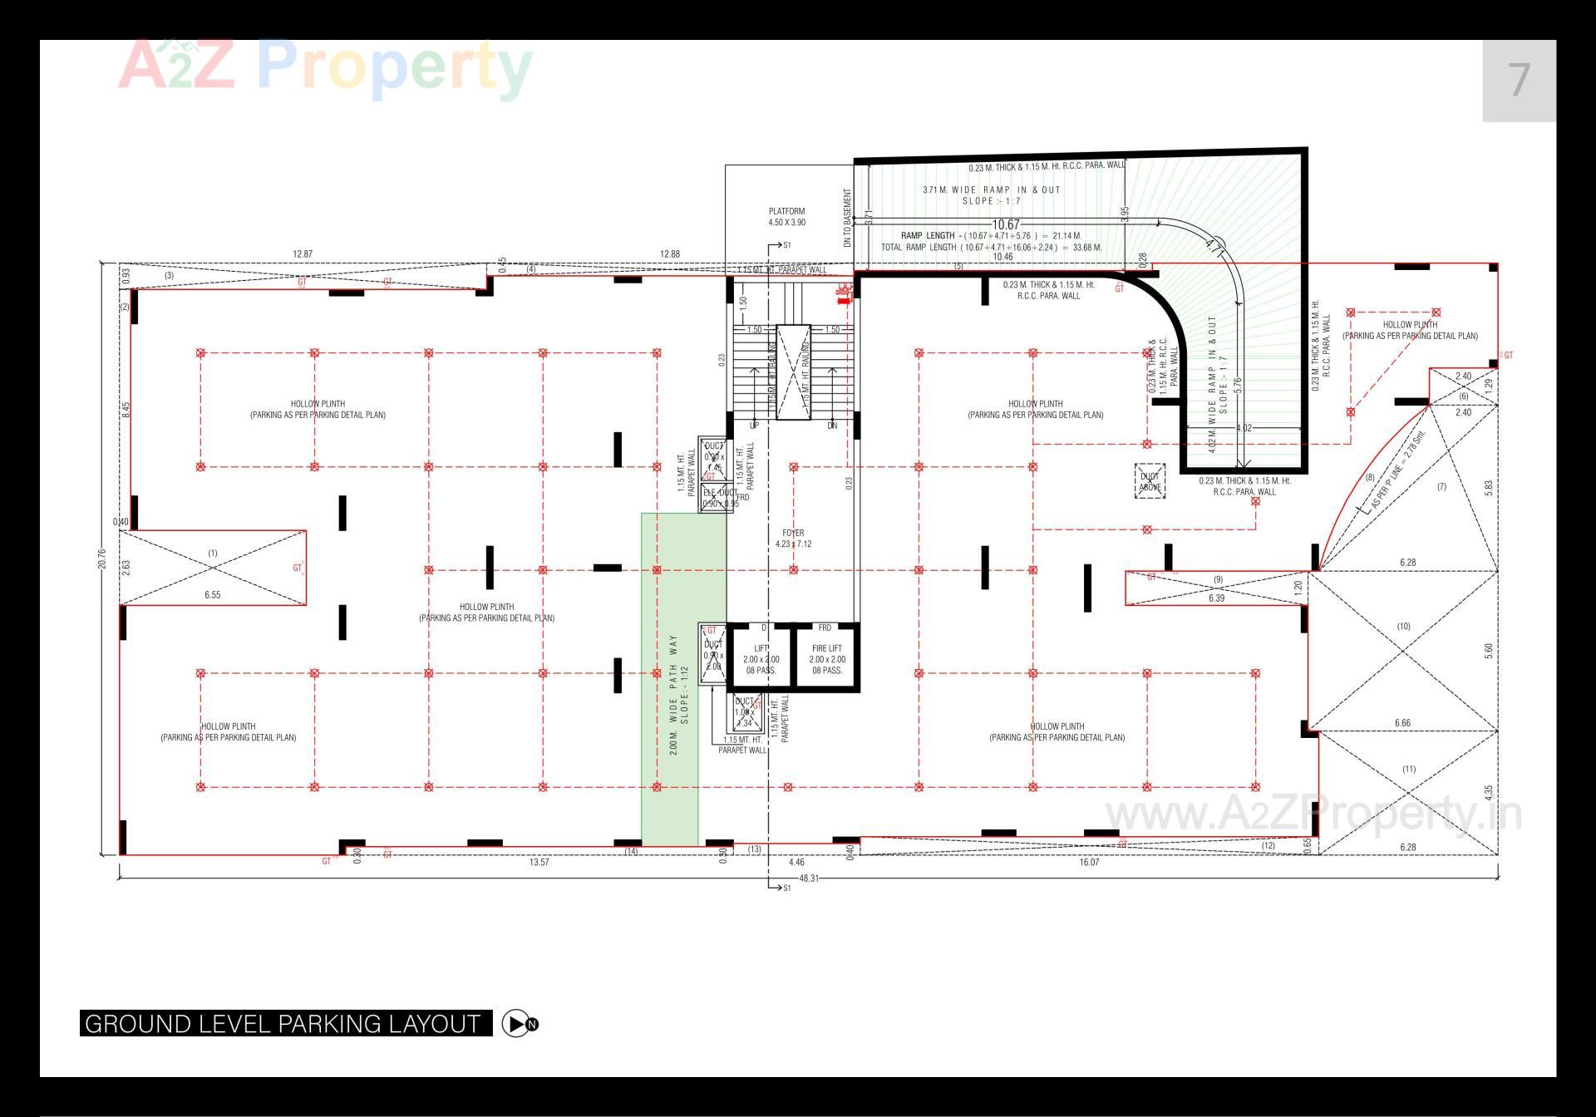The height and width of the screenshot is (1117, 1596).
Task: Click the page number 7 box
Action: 1519,81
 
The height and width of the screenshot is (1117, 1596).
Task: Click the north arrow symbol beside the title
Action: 520,1024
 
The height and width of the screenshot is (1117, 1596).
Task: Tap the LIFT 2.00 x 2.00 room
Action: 761,658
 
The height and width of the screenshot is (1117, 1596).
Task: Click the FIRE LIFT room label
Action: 826,648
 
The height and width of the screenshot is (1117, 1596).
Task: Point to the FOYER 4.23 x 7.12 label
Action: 793,539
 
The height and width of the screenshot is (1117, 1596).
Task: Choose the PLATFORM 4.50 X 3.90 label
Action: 786,217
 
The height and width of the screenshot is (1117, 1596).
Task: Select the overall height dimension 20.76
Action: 102,558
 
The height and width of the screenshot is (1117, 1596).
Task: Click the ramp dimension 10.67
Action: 1006,224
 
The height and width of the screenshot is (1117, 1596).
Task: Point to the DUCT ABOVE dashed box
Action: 1150,482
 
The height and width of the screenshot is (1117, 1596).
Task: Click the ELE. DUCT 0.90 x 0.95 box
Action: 719,497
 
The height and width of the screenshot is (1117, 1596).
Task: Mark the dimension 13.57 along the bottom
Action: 539,862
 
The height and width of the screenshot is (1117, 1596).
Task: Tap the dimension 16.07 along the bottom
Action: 1089,862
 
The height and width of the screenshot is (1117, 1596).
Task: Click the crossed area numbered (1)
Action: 213,567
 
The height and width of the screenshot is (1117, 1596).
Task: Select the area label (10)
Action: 1403,626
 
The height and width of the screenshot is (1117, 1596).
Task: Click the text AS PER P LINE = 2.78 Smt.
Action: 1396,470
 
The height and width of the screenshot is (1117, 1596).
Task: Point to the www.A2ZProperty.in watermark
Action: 1313,814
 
